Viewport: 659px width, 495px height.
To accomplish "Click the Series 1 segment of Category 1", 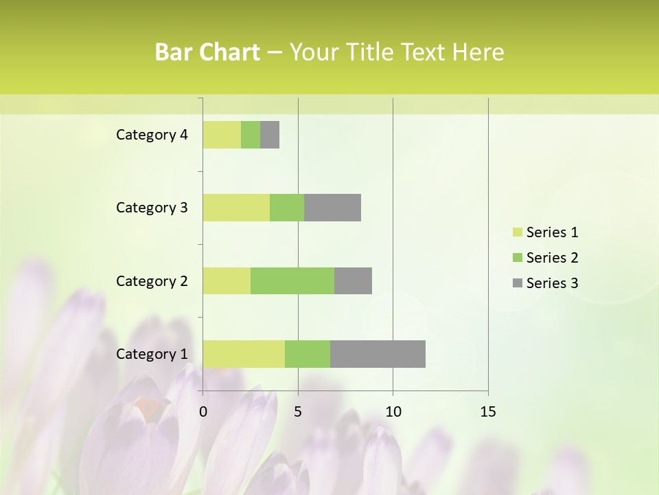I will point(244,353).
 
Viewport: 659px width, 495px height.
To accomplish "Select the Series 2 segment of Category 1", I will point(308,353).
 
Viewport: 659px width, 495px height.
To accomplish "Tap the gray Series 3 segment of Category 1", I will point(378,353).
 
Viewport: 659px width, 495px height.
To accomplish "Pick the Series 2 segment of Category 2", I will point(292,280).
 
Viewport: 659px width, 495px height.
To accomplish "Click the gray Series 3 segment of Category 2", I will point(353,280).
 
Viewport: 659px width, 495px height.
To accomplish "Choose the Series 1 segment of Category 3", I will point(236,208).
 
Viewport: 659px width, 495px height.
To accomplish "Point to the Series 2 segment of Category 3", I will point(287,208).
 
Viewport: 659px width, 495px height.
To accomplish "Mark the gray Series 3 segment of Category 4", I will point(270,135).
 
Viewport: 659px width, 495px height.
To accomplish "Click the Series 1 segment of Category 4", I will point(222,135).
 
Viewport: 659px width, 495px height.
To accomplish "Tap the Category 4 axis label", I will point(152,135).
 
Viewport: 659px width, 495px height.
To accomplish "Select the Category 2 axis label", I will point(152,280).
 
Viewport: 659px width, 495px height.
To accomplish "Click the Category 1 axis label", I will point(152,354).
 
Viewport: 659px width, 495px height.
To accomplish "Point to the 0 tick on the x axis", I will point(203,412).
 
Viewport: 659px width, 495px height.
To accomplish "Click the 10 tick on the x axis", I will point(393,412).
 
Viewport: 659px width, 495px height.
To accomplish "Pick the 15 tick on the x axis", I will point(488,412).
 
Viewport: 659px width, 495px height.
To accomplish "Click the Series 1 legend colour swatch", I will point(517,232).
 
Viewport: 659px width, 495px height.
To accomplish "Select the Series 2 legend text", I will point(552,258).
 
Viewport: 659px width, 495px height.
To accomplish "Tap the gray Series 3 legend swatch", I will point(517,283).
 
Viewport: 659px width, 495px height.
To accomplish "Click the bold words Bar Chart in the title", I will point(207,52).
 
